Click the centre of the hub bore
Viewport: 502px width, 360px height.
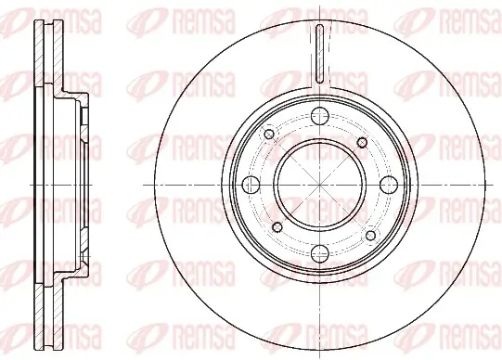[317, 183]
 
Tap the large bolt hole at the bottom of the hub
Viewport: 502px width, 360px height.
[317, 251]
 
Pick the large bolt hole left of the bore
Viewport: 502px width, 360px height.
[251, 183]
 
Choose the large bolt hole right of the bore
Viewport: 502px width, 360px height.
[385, 183]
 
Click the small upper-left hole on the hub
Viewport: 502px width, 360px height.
[270, 135]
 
